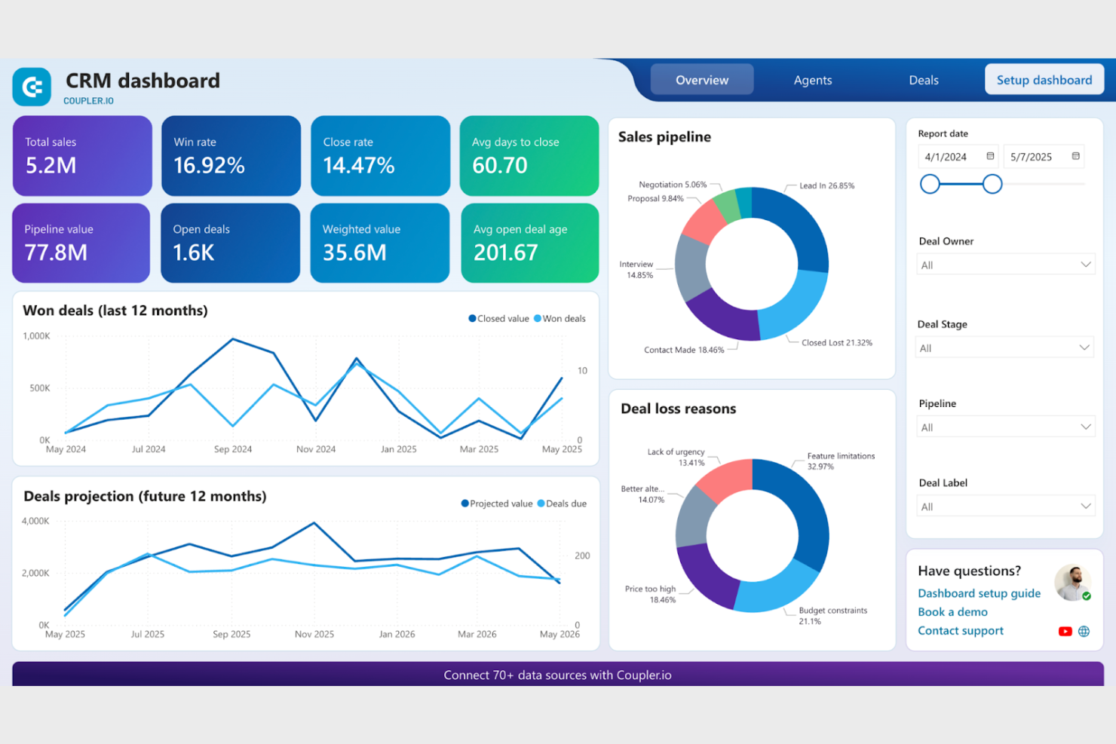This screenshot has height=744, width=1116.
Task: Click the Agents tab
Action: [812, 80]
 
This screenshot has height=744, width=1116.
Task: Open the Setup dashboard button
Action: [1044, 80]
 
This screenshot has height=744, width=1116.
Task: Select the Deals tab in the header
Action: [923, 80]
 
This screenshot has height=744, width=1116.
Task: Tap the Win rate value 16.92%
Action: [209, 165]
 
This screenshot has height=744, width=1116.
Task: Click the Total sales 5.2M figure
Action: [51, 165]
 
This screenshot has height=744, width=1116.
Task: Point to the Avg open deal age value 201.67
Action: [505, 253]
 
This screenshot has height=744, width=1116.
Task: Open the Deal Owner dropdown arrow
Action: [1085, 265]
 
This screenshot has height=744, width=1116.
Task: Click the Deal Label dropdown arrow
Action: [1085, 506]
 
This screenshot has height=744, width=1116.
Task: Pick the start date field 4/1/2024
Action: [946, 157]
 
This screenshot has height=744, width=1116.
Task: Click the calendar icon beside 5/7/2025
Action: [1075, 156]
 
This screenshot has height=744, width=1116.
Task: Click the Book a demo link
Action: [952, 612]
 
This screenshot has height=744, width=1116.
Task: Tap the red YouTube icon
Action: [1065, 632]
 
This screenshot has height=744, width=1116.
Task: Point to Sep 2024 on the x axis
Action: [232, 449]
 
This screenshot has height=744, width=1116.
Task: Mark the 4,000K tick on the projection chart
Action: [35, 521]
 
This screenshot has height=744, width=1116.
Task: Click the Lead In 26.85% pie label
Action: [826, 185]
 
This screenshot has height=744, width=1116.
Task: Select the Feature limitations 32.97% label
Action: [840, 461]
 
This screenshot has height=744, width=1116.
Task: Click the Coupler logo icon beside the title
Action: [32, 87]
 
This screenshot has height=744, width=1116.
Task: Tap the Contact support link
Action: [960, 631]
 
